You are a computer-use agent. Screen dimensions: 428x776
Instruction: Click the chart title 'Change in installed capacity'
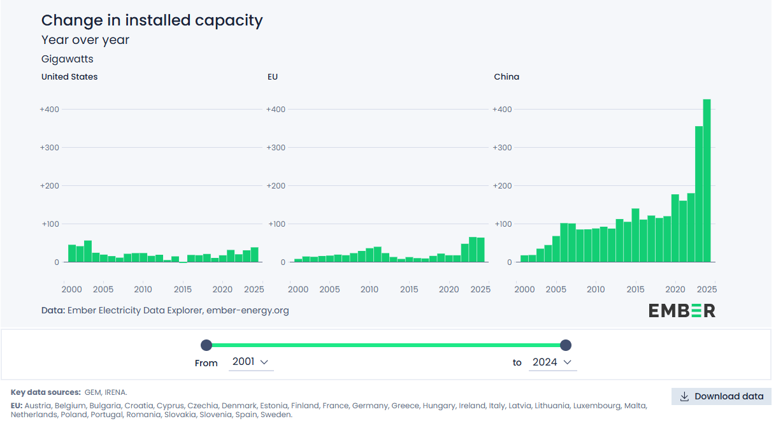(152, 20)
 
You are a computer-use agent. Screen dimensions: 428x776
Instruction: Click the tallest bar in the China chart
(707, 181)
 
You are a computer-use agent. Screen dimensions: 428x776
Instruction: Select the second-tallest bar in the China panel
(698, 194)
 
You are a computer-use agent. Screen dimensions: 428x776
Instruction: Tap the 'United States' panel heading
(69, 76)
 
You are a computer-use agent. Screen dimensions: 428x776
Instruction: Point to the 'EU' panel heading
(273, 76)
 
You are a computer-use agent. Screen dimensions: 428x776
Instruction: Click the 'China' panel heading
(507, 76)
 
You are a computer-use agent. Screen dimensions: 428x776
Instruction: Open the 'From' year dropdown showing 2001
(250, 362)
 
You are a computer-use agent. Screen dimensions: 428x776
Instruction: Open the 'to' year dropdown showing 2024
(552, 362)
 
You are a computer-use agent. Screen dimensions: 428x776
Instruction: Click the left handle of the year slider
(206, 345)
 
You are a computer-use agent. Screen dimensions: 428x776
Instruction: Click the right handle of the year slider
(566, 345)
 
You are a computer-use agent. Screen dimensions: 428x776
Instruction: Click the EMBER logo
(682, 311)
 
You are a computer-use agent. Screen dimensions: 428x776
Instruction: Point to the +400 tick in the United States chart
(50, 110)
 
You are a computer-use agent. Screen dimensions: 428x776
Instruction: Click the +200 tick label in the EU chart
(276, 186)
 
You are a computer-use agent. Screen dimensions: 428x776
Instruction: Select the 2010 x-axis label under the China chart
(596, 289)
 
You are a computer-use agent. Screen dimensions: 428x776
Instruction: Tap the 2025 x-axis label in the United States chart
(254, 289)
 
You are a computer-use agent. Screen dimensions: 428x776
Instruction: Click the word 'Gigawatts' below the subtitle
(68, 59)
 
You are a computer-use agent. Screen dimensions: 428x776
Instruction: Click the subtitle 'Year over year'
(85, 40)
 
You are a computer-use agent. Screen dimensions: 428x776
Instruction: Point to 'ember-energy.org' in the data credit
(247, 311)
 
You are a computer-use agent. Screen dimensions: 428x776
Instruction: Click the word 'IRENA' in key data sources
(115, 392)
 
